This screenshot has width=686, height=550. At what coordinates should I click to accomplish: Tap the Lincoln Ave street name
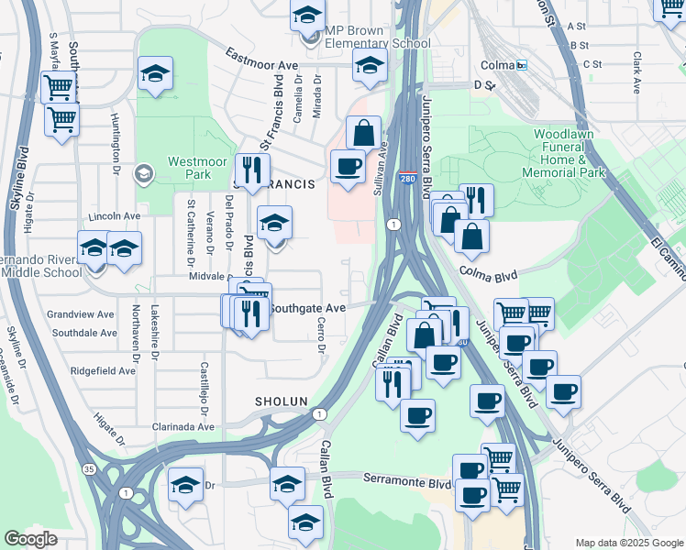(x=113, y=216)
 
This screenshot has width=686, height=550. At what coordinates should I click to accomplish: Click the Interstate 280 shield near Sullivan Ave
(x=405, y=179)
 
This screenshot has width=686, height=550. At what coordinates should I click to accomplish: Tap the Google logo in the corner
(x=31, y=539)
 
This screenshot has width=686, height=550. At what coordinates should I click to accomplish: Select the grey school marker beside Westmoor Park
(x=143, y=172)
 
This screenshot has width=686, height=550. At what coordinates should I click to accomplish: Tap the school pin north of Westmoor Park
(x=155, y=74)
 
